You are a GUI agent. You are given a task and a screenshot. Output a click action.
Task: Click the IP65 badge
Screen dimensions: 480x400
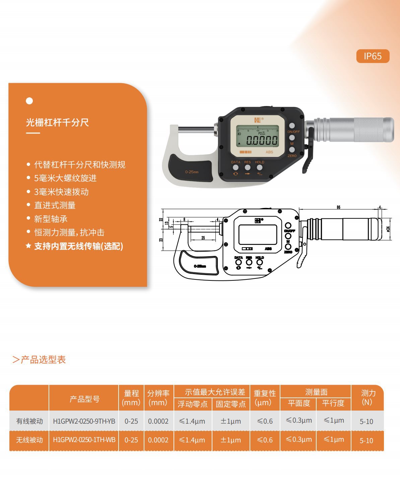click(x=373, y=56)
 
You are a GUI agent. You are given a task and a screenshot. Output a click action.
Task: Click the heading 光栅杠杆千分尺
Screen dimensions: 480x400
click(x=57, y=122)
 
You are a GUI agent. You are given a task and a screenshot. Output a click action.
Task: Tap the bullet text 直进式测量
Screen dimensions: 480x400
click(x=55, y=205)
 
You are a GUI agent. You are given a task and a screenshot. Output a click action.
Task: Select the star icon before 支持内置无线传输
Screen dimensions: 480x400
click(x=28, y=246)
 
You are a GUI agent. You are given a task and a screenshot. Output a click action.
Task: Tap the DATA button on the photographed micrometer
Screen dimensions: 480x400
click(x=236, y=167)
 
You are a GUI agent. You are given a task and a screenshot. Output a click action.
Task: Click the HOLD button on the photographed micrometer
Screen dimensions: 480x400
click(x=259, y=167)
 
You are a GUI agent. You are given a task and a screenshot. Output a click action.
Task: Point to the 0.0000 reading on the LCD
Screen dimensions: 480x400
click(x=262, y=140)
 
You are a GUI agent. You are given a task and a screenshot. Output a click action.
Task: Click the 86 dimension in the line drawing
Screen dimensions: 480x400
click(x=338, y=207)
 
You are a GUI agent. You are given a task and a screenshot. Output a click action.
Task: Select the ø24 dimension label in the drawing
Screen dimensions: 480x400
click(x=388, y=229)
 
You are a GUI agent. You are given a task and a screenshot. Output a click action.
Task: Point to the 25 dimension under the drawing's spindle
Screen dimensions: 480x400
click(x=203, y=238)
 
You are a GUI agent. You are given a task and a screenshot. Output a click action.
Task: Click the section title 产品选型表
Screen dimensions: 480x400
click(x=43, y=360)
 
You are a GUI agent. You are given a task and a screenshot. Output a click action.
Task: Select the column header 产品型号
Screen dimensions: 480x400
click(x=84, y=399)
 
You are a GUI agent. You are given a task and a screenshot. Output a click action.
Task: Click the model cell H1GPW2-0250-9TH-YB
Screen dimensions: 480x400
click(x=84, y=421)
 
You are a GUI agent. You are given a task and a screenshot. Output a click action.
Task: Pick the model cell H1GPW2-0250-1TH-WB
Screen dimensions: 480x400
click(x=84, y=440)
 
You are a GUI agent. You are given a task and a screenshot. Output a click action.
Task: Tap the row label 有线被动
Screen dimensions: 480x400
click(x=29, y=421)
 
